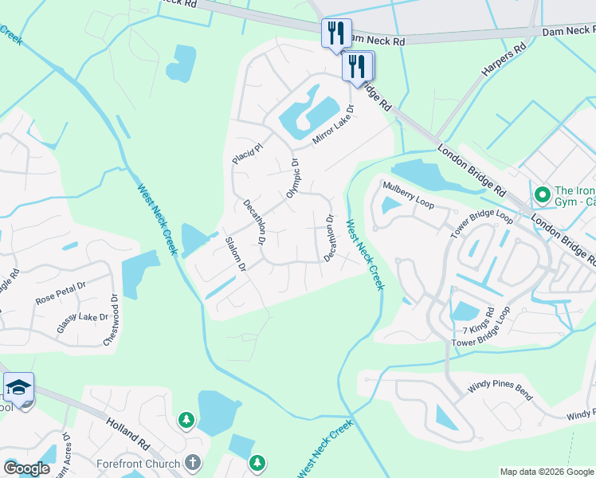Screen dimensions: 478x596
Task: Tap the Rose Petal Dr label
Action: coord(61,292)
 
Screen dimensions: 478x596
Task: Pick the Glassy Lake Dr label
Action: coord(81,323)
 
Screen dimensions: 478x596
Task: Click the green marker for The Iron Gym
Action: coord(542,194)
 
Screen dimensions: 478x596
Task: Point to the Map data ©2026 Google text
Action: coord(546,472)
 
